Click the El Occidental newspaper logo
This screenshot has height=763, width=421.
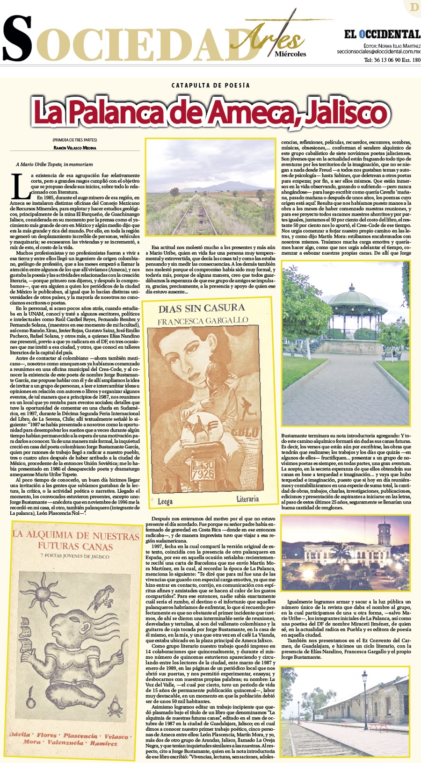(382, 34)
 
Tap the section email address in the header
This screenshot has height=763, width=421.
(378, 52)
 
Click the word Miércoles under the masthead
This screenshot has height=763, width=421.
(290, 54)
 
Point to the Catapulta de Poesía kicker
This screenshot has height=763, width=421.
(210, 86)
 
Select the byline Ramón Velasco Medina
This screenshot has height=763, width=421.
(75, 148)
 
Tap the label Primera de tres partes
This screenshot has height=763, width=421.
(75, 140)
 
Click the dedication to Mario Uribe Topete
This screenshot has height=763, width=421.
(54, 165)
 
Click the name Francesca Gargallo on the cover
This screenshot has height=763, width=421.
(203, 321)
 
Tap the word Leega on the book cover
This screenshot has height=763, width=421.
(165, 502)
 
